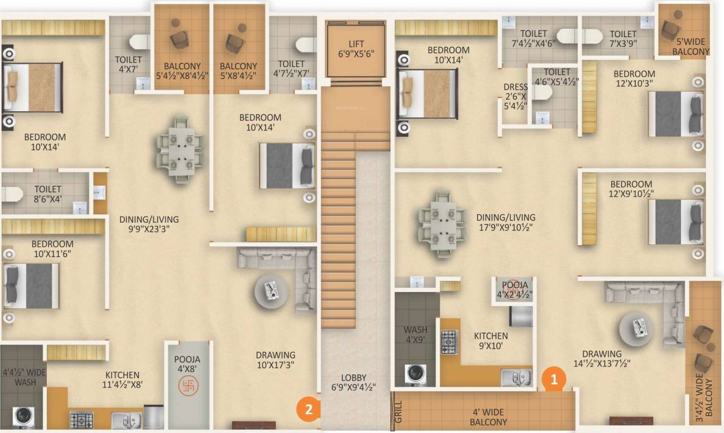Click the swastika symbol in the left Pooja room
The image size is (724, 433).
(188, 386)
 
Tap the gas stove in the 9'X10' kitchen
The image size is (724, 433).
(449, 342)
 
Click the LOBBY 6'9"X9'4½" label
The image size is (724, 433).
(354, 382)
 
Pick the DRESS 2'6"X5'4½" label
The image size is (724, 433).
(515, 96)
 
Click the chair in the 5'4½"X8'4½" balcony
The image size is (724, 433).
(180, 38)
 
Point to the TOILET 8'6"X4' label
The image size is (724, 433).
(48, 193)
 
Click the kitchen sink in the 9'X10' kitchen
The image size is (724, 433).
(516, 377)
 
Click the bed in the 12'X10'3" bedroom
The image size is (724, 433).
(674, 114)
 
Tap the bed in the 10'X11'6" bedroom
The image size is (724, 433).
(32, 286)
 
